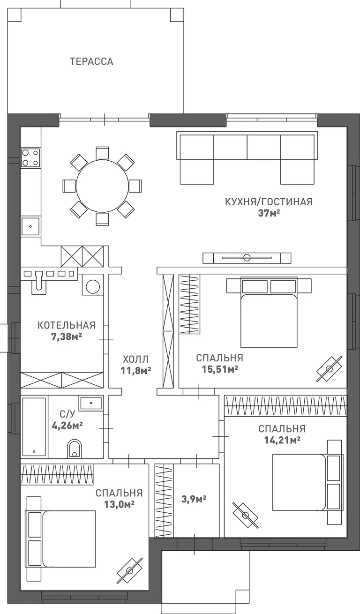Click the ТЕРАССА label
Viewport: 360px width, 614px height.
[x=91, y=61]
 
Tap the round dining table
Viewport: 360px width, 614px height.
[x=102, y=186]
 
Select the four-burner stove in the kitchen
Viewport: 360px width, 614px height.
[x=30, y=158]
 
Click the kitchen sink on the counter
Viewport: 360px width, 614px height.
[x=30, y=226]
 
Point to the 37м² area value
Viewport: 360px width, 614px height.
[x=269, y=213]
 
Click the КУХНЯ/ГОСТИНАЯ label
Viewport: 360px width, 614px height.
[x=269, y=202]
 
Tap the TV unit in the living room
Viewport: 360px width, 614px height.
[x=247, y=258]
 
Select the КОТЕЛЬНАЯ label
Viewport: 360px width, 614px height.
[x=67, y=325]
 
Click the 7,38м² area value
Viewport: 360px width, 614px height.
[x=67, y=337]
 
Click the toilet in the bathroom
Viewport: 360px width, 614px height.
[x=75, y=449]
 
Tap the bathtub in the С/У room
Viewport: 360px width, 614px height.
[x=34, y=427]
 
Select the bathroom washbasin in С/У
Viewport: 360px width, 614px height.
[x=91, y=403]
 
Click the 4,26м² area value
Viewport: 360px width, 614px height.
[x=67, y=426]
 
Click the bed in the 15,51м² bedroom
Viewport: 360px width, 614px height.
[x=269, y=312]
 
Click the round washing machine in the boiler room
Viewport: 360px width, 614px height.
[x=93, y=287]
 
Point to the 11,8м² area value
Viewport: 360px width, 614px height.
[x=136, y=371]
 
